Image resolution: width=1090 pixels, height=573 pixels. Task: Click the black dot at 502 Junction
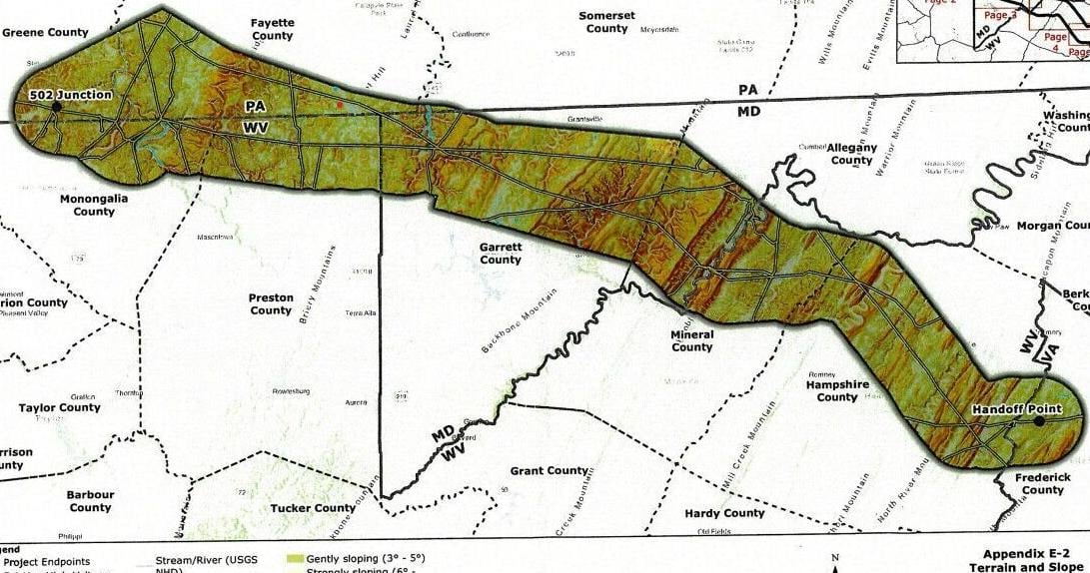(57, 106)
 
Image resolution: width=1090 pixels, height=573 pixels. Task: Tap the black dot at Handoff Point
(1040, 421)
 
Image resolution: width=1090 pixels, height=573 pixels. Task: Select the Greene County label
(45, 32)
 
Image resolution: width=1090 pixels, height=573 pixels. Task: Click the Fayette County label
(272, 28)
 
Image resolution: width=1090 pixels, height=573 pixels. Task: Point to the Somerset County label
(606, 22)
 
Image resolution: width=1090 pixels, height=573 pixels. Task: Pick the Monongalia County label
(94, 205)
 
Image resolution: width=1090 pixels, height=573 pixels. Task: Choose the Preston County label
(271, 303)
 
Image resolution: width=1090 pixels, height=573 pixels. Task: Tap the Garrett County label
(501, 253)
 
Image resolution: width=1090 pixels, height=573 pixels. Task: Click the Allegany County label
(851, 153)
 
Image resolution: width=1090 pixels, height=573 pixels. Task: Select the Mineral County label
(692, 340)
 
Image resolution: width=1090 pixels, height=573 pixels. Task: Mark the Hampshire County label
(837, 390)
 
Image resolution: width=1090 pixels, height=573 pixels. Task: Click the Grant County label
(548, 470)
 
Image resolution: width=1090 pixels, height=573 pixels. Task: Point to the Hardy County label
(724, 513)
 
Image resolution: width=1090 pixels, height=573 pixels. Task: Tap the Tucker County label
(313, 508)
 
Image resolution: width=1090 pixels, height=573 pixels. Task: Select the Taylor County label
(60, 407)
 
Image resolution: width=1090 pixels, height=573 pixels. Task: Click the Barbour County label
(90, 500)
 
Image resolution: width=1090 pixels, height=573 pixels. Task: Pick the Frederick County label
(1042, 483)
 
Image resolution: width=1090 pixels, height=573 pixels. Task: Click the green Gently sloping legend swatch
(296, 559)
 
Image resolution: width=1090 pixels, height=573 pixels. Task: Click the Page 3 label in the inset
(999, 15)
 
